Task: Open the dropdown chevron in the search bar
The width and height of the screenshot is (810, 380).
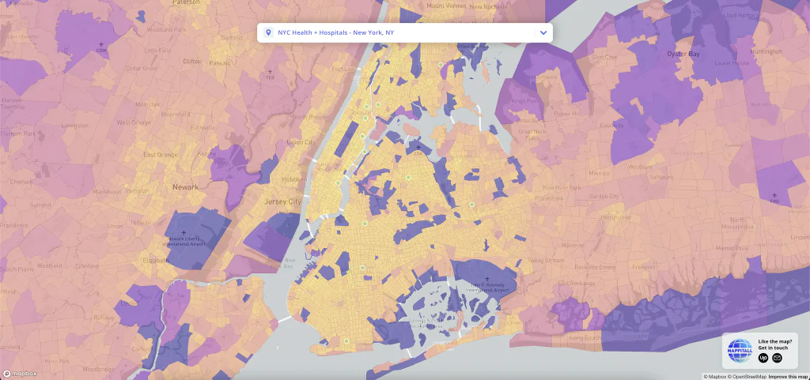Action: (543, 32)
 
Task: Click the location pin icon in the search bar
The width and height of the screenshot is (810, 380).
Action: (269, 32)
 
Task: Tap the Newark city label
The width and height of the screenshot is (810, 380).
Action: (185, 187)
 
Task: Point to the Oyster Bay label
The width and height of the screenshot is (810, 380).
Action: (683, 54)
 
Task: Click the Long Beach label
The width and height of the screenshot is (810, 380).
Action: (585, 338)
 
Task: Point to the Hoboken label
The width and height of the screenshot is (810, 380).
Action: (293, 179)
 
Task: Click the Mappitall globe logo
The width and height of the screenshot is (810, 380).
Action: (740, 351)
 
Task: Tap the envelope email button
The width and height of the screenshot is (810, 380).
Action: (778, 358)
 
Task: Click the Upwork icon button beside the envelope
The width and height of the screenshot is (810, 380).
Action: (763, 358)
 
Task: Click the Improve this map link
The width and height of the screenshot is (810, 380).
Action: (788, 376)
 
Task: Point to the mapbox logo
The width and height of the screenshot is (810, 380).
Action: (18, 373)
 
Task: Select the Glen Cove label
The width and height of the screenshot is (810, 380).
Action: (604, 57)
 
